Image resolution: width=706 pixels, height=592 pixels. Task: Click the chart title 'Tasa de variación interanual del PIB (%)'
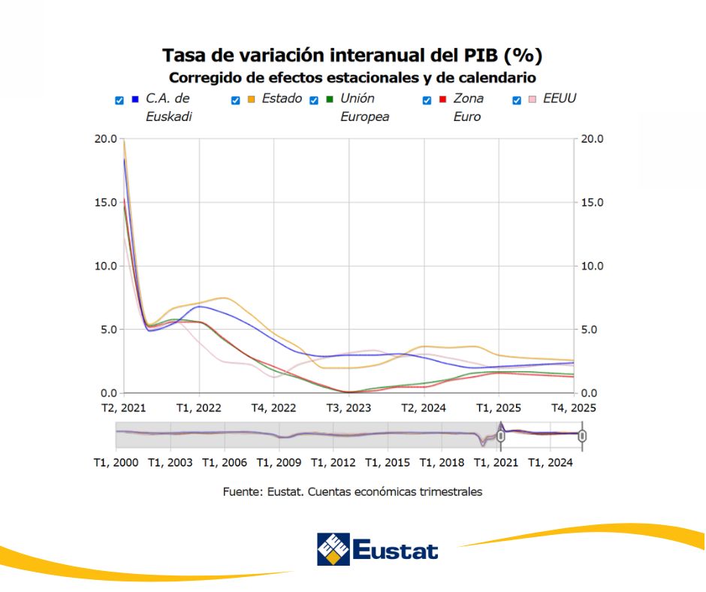352,55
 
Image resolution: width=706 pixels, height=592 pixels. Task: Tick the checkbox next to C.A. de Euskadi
119,100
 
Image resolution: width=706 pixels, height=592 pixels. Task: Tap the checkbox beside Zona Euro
427,100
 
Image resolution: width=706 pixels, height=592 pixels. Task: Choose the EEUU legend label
559,98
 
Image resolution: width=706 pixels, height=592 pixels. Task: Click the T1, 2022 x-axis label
198,408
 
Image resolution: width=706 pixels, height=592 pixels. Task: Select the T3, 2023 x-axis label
348,408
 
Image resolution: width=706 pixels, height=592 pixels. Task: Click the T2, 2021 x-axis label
124,408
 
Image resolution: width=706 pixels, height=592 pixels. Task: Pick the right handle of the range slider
582,435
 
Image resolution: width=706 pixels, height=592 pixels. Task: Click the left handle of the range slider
501,435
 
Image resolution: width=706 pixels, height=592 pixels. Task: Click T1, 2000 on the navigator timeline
116,463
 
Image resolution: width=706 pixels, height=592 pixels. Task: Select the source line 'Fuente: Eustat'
352,491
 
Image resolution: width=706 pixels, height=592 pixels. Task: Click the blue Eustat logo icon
333,549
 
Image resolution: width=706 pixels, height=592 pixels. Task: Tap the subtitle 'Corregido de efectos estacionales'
352,77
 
